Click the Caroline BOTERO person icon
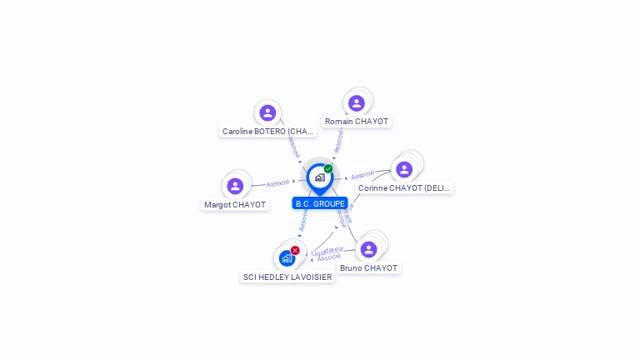click(x=267, y=112)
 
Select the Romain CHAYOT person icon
click(x=357, y=102)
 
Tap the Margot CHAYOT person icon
click(x=235, y=186)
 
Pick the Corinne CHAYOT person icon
click(x=404, y=169)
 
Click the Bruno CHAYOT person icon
click(x=368, y=249)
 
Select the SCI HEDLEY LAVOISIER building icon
click(x=287, y=258)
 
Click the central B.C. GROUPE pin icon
click(x=319, y=177)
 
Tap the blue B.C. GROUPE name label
click(x=320, y=203)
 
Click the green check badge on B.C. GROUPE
click(x=328, y=168)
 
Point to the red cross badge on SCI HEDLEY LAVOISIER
click(x=295, y=250)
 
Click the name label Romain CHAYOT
click(x=357, y=122)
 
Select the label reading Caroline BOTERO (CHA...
click(x=268, y=132)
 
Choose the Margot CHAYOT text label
click(x=235, y=205)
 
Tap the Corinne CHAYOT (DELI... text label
click(x=404, y=188)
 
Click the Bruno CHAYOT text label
click(x=368, y=268)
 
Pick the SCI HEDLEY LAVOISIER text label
click(x=287, y=277)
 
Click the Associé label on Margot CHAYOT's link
click(x=277, y=182)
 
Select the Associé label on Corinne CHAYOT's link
click(x=362, y=175)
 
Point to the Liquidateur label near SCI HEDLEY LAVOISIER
click(x=327, y=249)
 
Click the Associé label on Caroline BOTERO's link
click(x=293, y=147)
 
